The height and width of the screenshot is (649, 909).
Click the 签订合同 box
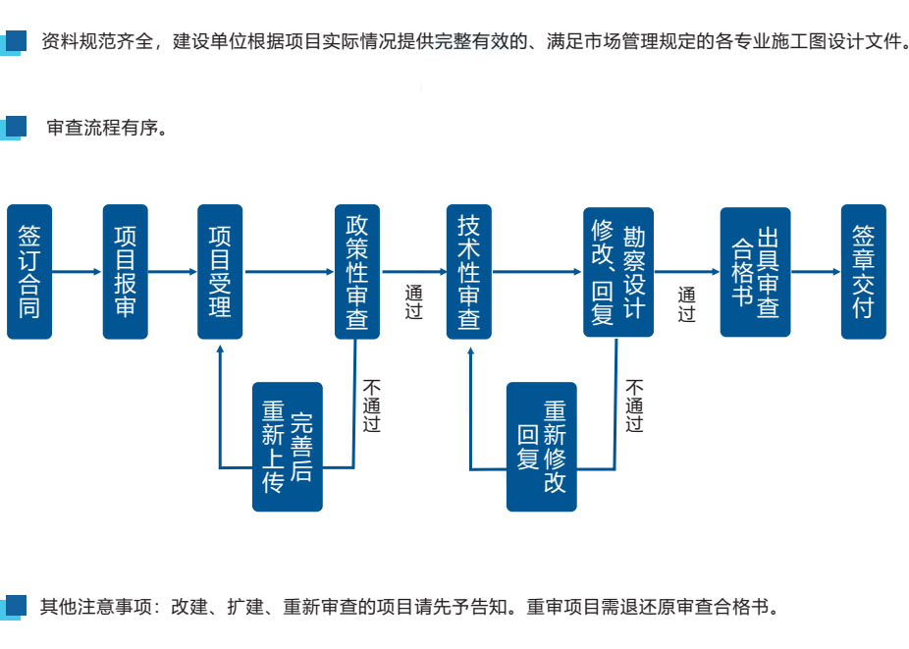click(x=29, y=272)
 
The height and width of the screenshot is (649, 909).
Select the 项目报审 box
click(x=126, y=272)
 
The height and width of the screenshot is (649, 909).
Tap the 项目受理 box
click(x=220, y=272)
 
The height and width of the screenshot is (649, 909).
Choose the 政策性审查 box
click(x=357, y=272)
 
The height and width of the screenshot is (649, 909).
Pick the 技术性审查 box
click(x=469, y=272)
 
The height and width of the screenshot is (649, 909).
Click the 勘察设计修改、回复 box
click(x=618, y=272)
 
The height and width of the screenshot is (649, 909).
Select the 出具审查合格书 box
click(x=755, y=272)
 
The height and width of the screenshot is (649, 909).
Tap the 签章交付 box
click(x=864, y=272)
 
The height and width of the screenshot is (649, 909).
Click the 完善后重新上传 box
click(x=288, y=447)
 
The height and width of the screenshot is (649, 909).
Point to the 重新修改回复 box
click(x=542, y=447)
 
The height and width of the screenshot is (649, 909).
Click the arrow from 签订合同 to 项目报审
click(x=78, y=272)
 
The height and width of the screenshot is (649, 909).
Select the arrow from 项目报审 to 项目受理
click(x=172, y=272)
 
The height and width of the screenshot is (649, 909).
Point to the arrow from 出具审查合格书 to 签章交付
click(x=816, y=272)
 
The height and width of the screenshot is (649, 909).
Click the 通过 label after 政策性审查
click(x=413, y=302)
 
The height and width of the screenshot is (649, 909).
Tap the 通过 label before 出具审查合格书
click(x=686, y=304)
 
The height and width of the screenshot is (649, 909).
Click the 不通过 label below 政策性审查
click(x=371, y=406)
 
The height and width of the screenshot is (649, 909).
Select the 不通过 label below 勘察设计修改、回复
click(x=635, y=406)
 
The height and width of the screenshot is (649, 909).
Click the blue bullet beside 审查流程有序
click(x=14, y=128)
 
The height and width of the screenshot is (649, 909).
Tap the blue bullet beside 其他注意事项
click(x=14, y=605)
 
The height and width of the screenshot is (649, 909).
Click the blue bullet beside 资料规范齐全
click(x=14, y=42)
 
